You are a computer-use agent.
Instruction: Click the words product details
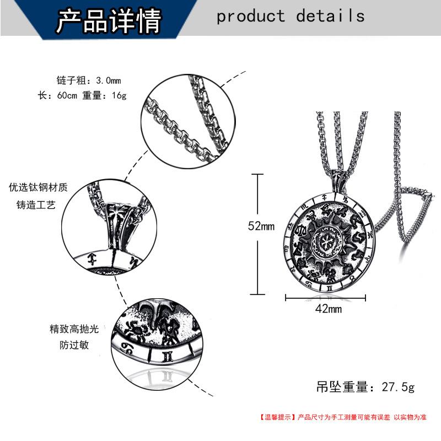pyautogui.click(x=291, y=16)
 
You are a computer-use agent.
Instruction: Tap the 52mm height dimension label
pyautogui.click(x=261, y=226)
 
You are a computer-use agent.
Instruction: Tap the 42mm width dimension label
pyautogui.click(x=328, y=309)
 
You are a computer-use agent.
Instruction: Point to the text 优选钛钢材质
pyautogui.click(x=38, y=187)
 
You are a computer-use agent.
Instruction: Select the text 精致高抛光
pyautogui.click(x=74, y=329)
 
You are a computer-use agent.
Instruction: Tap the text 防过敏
pyautogui.click(x=74, y=346)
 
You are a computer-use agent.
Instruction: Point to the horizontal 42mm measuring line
pyautogui.click(x=326, y=298)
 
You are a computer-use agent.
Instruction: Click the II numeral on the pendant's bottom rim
pyautogui.click(x=328, y=287)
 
